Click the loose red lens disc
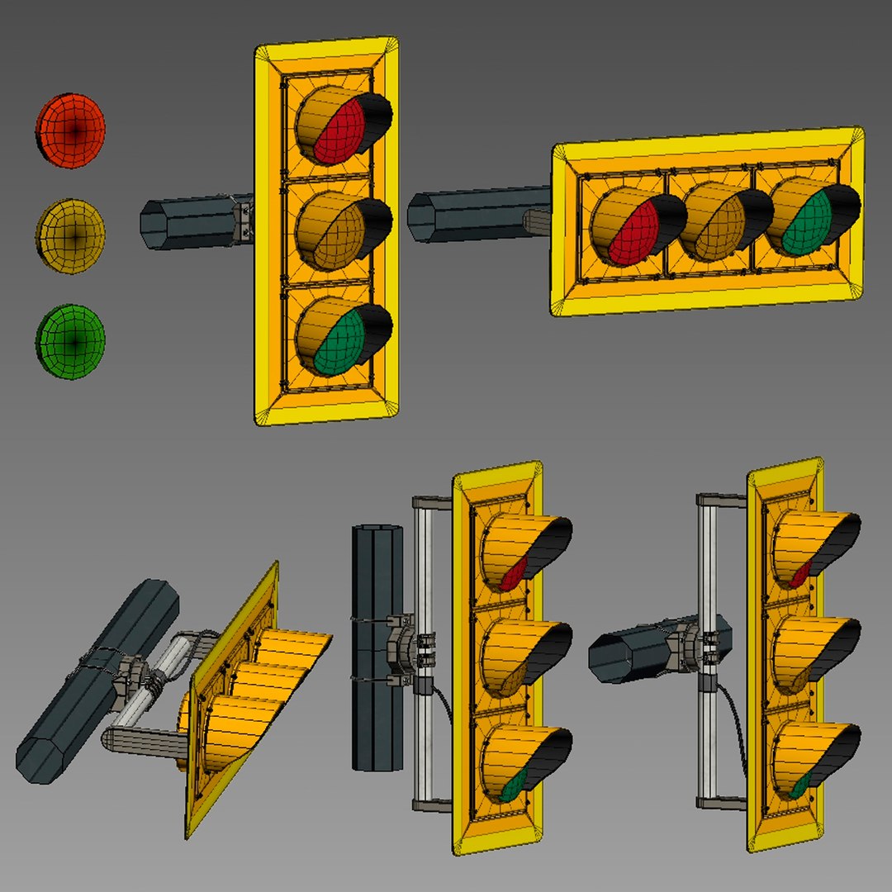click(x=71, y=130)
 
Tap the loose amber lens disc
click(x=71, y=235)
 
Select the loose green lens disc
click(x=71, y=341)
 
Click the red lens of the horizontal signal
click(x=632, y=233)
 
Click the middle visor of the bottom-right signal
click(x=814, y=644)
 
